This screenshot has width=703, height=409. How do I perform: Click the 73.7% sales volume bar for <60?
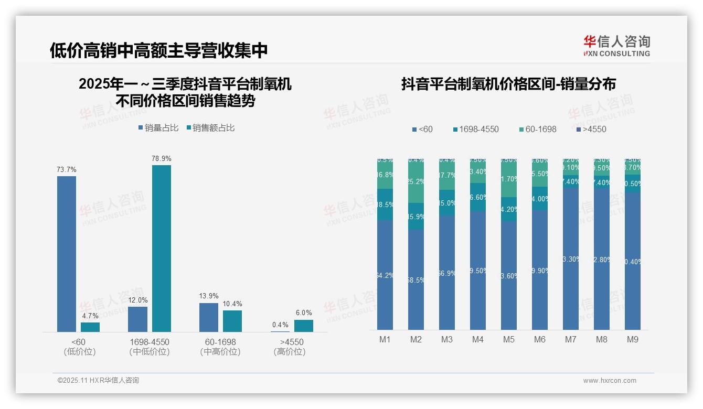point(67,254)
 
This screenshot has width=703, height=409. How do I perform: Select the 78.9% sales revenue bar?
point(162,249)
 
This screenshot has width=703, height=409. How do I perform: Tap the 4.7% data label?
point(90,316)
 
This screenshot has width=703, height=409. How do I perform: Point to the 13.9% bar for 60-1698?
point(209,317)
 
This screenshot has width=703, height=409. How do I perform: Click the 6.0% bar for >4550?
point(304,326)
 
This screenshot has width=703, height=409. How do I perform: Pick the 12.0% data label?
point(138,300)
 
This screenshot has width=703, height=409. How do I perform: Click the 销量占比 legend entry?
point(158,128)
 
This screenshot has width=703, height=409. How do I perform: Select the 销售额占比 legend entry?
point(210,128)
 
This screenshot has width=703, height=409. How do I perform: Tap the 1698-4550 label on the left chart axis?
point(150,342)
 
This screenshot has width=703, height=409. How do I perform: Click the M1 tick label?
point(385,340)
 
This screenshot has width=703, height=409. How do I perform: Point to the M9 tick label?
point(633,340)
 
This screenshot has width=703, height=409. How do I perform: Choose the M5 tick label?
point(509,340)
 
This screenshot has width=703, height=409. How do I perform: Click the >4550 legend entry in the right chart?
point(591,129)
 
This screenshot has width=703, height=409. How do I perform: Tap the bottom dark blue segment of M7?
point(571,259)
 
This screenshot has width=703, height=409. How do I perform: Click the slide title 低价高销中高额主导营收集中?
point(159,50)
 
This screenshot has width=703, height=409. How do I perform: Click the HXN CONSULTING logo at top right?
point(616,46)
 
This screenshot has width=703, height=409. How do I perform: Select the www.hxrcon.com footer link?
point(610,381)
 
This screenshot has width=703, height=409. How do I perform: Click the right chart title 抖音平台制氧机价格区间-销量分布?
point(508,84)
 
